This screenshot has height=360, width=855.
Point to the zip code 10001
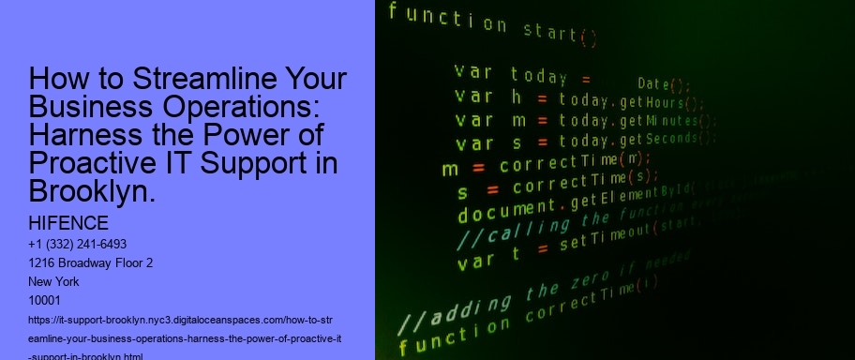pos(45,300)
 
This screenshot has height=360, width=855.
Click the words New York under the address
pos(54,281)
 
